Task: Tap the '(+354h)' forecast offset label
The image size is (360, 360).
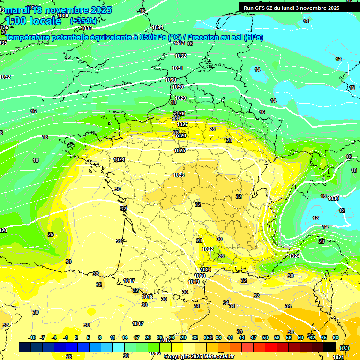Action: tap(83, 21)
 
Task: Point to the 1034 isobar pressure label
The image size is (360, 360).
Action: tap(157, 27)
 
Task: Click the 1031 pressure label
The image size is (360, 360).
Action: tap(177, 68)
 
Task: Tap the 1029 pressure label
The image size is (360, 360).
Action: tap(180, 98)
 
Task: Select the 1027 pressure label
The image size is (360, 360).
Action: tap(182, 124)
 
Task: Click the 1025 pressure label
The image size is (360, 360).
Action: tap(180, 150)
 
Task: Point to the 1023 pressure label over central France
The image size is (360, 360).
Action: tap(179, 175)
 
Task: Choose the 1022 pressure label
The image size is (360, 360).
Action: tap(208, 249)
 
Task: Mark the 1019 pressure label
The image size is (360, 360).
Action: tap(194, 282)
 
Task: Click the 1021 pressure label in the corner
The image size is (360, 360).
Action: tap(337, 357)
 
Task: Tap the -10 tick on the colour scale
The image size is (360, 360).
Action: tap(32, 337)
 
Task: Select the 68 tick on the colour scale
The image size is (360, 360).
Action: tap(336, 337)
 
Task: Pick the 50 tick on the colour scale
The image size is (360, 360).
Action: tap(265, 337)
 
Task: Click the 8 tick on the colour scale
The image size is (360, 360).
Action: tap(100, 337)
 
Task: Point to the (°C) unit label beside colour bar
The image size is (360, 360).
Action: tap(344, 347)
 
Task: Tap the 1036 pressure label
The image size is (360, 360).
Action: tap(63, 15)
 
